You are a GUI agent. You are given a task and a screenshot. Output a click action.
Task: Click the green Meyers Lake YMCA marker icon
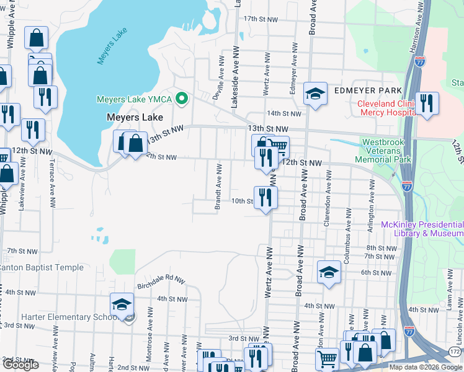click(x=182, y=99)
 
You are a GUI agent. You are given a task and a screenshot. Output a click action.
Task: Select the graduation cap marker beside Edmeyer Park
click(x=315, y=94)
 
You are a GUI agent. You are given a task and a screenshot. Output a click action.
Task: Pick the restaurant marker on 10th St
click(x=265, y=198)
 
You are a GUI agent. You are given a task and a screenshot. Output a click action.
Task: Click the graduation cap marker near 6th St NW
click(x=329, y=272)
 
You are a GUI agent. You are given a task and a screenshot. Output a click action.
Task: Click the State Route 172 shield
click(x=455, y=352)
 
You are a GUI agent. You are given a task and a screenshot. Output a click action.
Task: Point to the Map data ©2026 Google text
click(x=426, y=367)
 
